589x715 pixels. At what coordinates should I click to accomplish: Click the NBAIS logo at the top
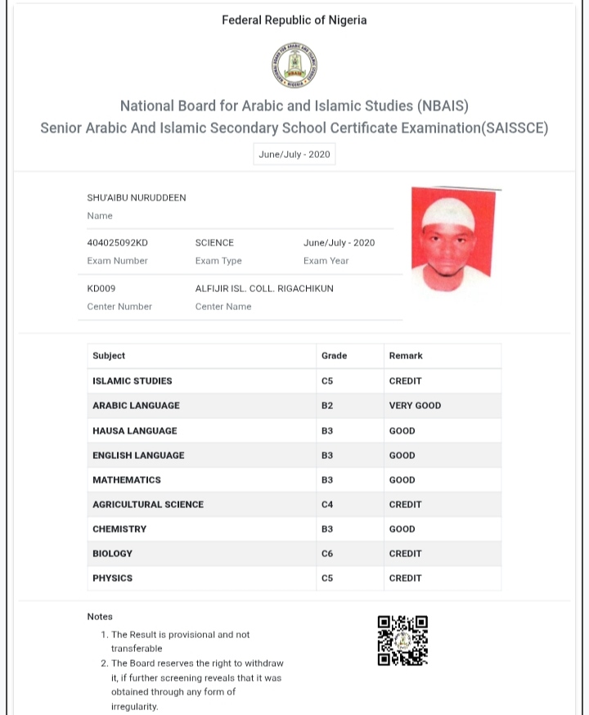click(294, 65)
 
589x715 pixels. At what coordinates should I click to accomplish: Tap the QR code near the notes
click(402, 640)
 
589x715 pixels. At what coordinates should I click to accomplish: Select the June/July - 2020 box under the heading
click(294, 155)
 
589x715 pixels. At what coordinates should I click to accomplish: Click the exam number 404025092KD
click(118, 243)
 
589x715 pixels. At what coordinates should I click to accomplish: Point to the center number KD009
click(101, 289)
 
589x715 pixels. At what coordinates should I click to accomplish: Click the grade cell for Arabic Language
click(327, 406)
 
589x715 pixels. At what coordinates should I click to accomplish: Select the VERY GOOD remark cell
click(415, 406)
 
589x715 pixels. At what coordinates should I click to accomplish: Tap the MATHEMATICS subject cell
click(127, 479)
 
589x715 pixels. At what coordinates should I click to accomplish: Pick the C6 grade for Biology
click(327, 554)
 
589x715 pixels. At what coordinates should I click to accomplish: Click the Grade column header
click(334, 356)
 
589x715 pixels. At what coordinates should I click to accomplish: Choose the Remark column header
click(406, 356)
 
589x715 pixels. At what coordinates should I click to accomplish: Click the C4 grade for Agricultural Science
click(327, 505)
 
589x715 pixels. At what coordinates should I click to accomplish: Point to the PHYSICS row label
click(112, 578)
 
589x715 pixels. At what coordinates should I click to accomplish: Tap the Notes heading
click(100, 617)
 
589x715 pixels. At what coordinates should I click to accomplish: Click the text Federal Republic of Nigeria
click(294, 20)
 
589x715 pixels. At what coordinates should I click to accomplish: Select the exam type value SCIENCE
click(214, 243)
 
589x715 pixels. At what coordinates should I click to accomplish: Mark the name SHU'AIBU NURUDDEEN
click(137, 198)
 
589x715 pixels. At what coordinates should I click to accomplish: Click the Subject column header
click(109, 356)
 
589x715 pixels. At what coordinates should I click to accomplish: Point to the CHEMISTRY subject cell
click(119, 529)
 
